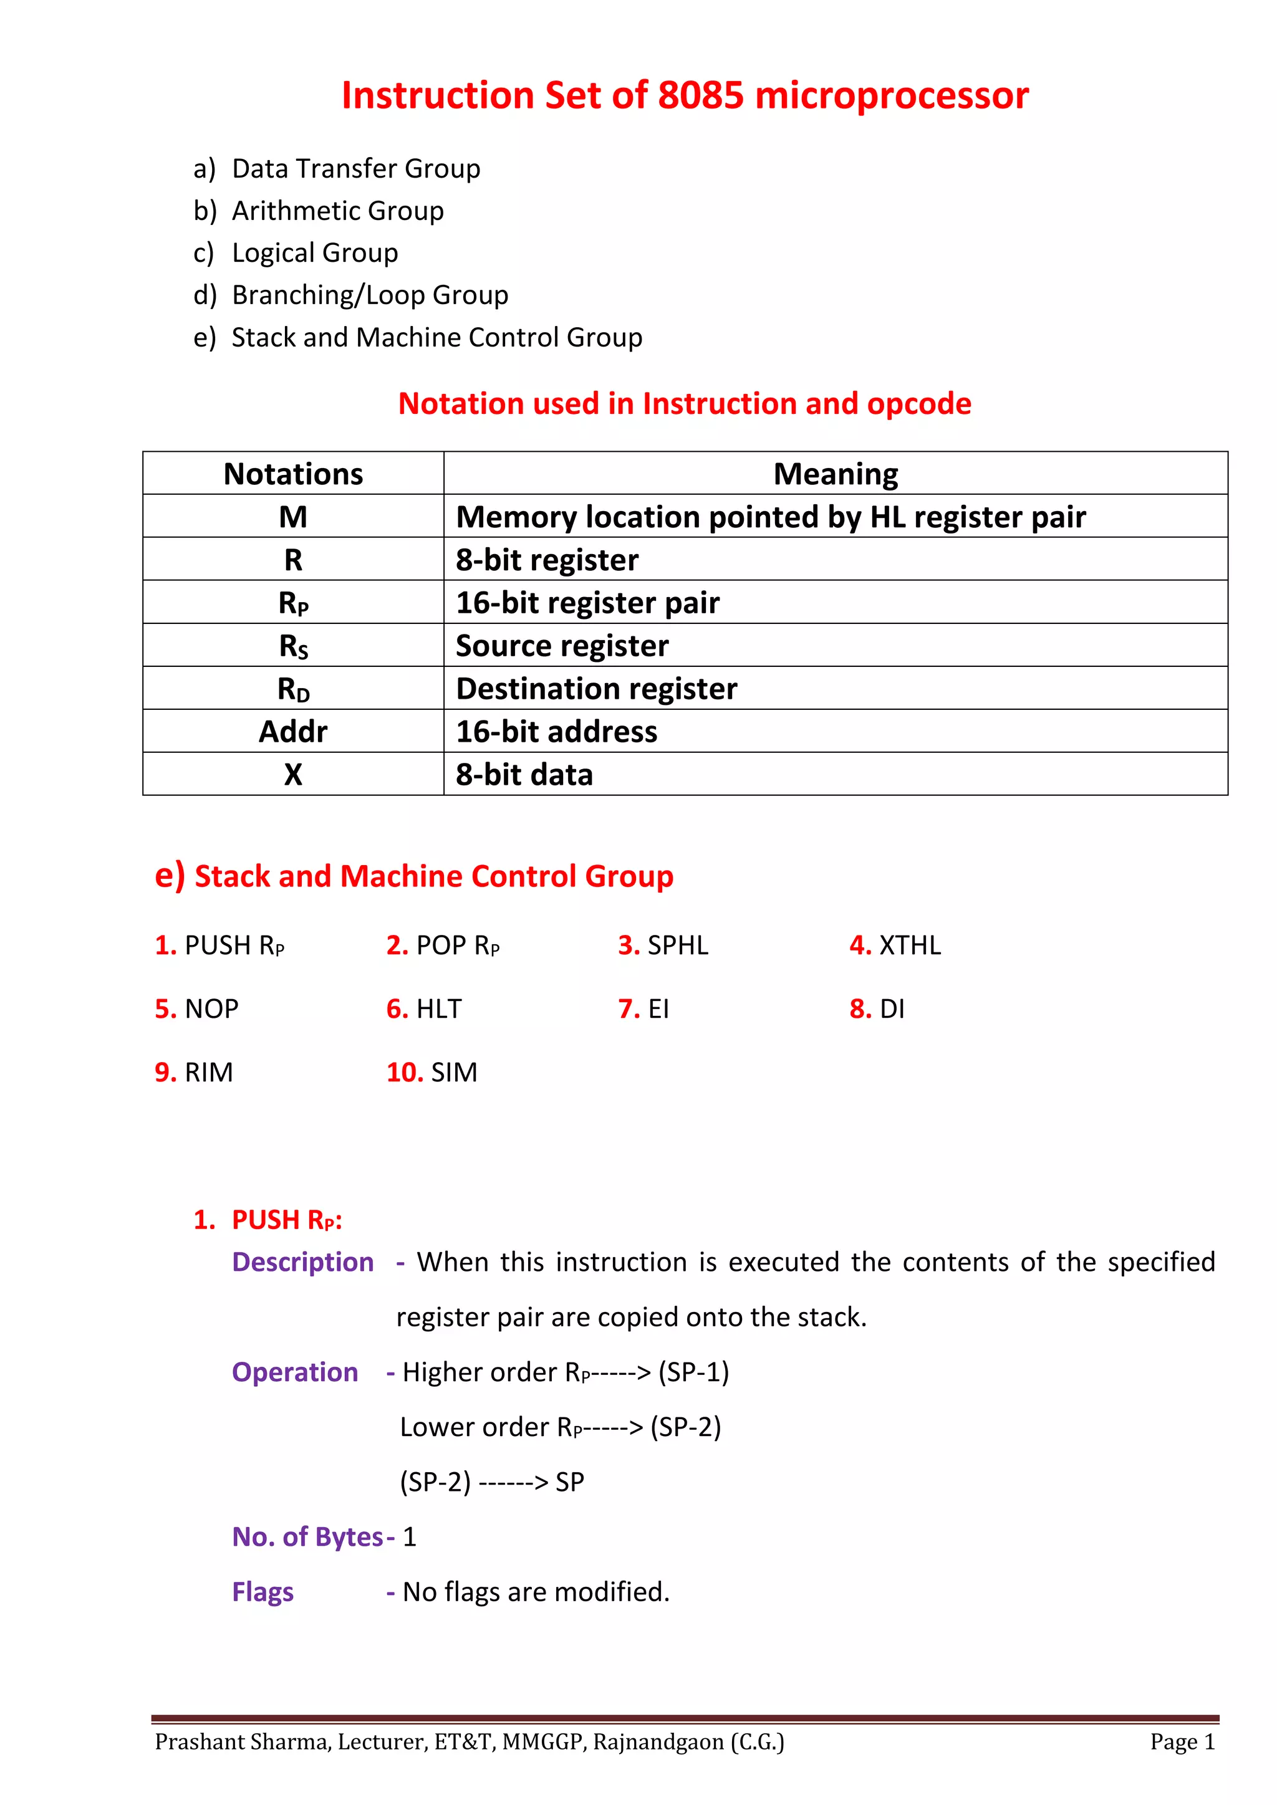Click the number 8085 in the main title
[700, 95]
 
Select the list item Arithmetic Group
[337, 211]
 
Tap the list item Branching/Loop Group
[370, 295]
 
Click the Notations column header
[292, 474]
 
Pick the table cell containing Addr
[292, 732]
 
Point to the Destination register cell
[596, 689]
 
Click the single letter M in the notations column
[292, 517]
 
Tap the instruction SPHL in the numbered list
[677, 945]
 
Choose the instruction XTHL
[909, 945]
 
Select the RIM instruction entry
[208, 1072]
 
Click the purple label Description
[303, 1262]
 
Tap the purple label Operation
[295, 1372]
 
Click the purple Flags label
[263, 1592]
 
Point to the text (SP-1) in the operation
[693, 1372]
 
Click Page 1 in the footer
[1182, 1742]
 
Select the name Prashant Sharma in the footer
[242, 1742]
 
